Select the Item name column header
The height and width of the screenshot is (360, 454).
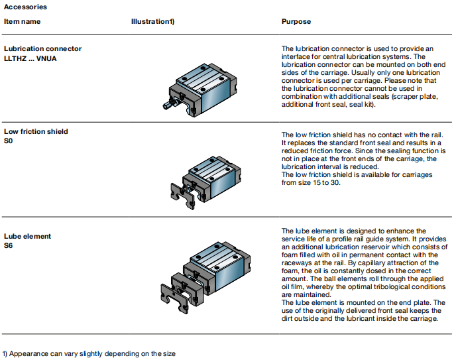pyautogui.click(x=22, y=22)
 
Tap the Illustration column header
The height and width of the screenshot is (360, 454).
pyautogui.click(x=152, y=22)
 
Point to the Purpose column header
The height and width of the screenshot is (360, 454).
pyautogui.click(x=296, y=22)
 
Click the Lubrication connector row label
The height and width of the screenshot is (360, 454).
pyautogui.click(x=43, y=48)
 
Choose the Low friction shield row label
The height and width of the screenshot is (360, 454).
pyautogui.click(x=36, y=131)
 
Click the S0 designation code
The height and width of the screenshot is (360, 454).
pyautogui.click(x=9, y=140)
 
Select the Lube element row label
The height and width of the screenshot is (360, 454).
pyautogui.click(x=27, y=236)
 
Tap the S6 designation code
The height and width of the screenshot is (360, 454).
pyautogui.click(x=9, y=245)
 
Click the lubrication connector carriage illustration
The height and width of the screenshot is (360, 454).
pyautogui.click(x=202, y=85)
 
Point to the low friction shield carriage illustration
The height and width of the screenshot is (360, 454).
pyautogui.click(x=202, y=177)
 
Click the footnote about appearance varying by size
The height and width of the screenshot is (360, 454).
pyautogui.click(x=89, y=353)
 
